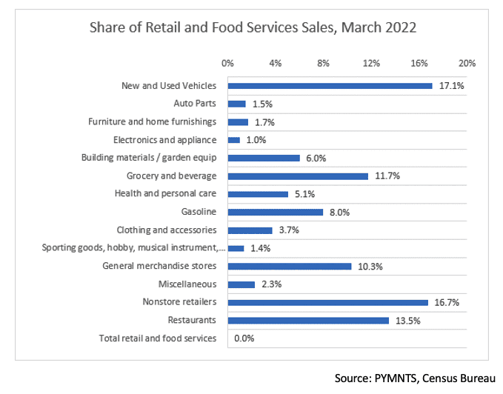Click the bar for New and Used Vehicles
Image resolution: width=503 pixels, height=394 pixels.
[x=330, y=86]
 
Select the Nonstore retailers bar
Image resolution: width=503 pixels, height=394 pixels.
[x=327, y=302]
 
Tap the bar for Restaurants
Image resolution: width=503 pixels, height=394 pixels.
[x=308, y=320]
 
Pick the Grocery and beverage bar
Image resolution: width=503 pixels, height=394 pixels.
[x=298, y=176]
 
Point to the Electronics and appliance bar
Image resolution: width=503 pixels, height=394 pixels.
[x=234, y=140]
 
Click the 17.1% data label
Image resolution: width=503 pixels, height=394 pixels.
[x=451, y=86]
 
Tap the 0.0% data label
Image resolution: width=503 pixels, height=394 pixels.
[x=244, y=338]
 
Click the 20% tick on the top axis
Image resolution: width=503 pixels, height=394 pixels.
[x=467, y=63]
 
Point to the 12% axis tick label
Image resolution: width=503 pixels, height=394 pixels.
[x=371, y=63]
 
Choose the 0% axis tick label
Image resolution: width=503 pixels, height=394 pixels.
[x=227, y=63]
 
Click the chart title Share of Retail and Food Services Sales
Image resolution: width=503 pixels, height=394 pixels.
[x=253, y=29]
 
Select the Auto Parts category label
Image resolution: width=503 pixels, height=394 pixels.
[x=195, y=104]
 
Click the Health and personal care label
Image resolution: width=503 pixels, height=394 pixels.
[x=165, y=194]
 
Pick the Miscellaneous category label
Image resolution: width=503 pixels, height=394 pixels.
[x=187, y=284]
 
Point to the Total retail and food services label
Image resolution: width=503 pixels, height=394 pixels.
[x=157, y=338]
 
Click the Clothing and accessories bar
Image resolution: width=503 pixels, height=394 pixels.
[x=250, y=230]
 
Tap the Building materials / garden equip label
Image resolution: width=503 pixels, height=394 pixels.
[x=148, y=158]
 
